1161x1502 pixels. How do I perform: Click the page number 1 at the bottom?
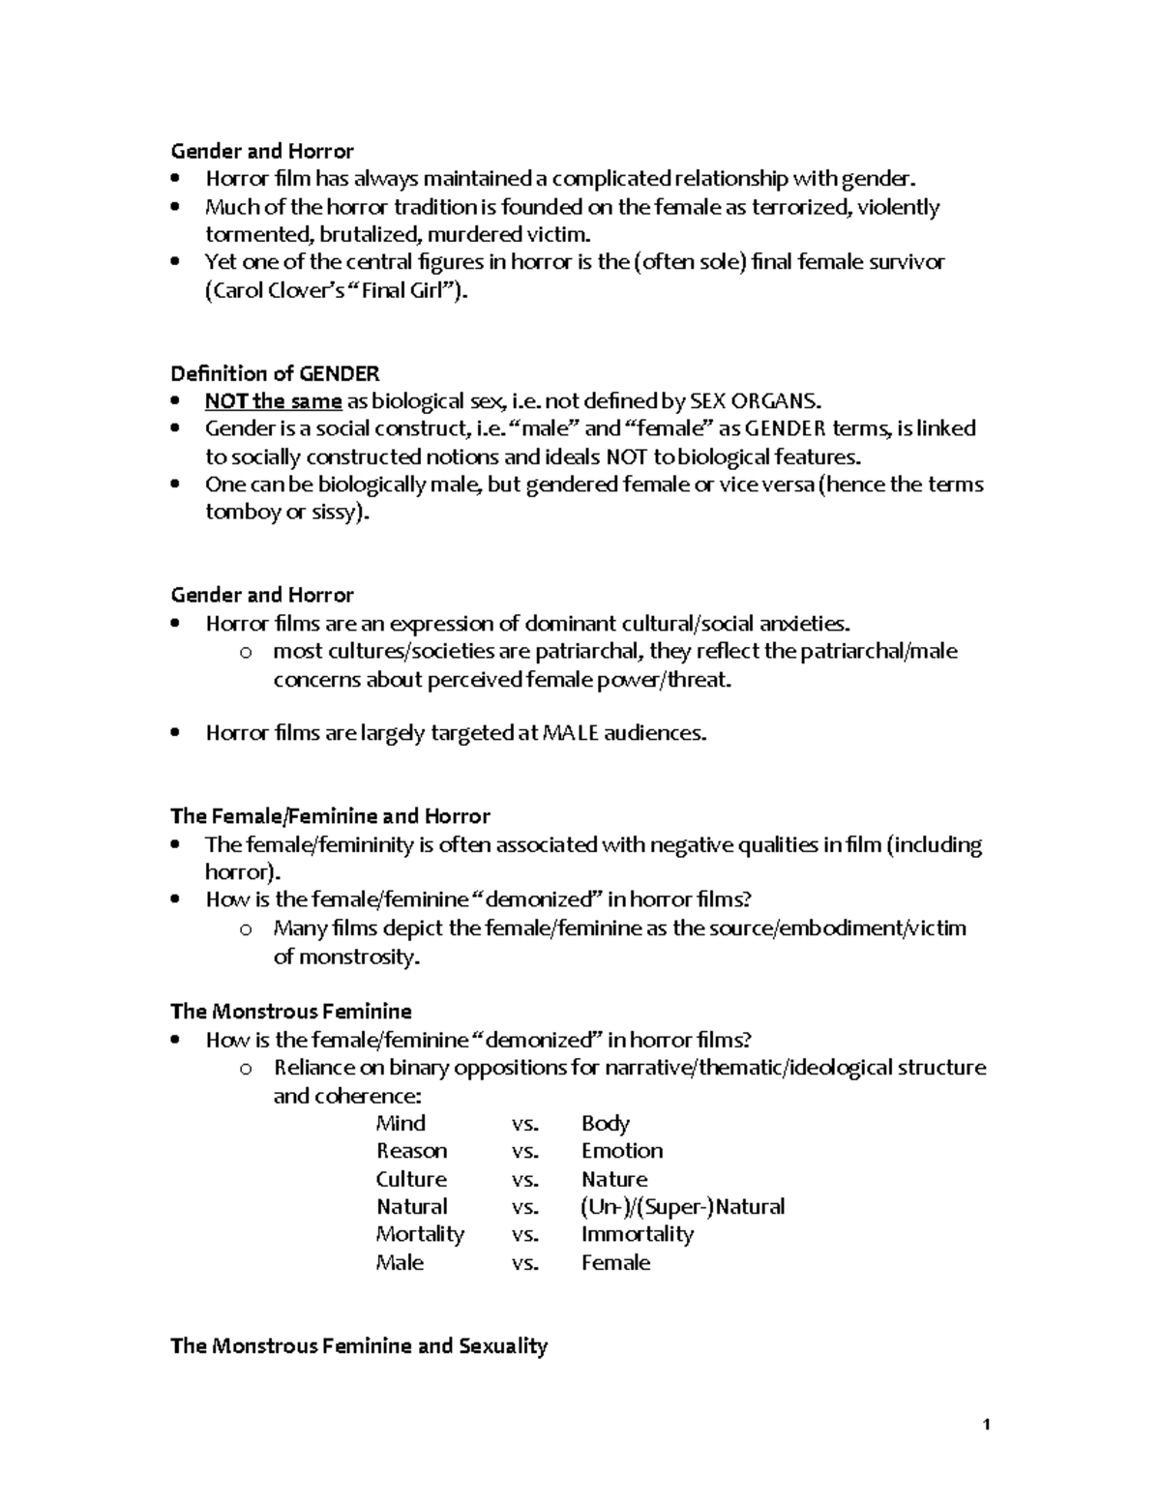(986, 1424)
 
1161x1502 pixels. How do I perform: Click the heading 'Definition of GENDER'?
(275, 373)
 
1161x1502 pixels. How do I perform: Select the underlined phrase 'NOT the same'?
(273, 401)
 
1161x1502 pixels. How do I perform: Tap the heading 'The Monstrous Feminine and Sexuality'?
(359, 1345)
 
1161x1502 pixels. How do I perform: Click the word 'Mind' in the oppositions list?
(401, 1123)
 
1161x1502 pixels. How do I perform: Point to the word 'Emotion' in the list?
(622, 1151)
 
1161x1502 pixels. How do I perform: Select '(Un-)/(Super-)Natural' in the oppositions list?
(682, 1206)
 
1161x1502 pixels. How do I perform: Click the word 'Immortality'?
(637, 1234)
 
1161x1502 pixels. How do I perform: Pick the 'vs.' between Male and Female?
(524, 1262)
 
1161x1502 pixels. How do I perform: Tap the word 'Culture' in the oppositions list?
(411, 1179)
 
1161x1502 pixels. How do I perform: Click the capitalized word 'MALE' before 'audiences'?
(571, 733)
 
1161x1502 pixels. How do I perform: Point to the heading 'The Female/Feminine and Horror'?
(330, 816)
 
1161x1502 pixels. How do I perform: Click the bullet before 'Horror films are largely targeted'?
(175, 733)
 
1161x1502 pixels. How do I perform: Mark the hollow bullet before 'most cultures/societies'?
(246, 653)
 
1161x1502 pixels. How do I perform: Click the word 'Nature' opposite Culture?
(614, 1179)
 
